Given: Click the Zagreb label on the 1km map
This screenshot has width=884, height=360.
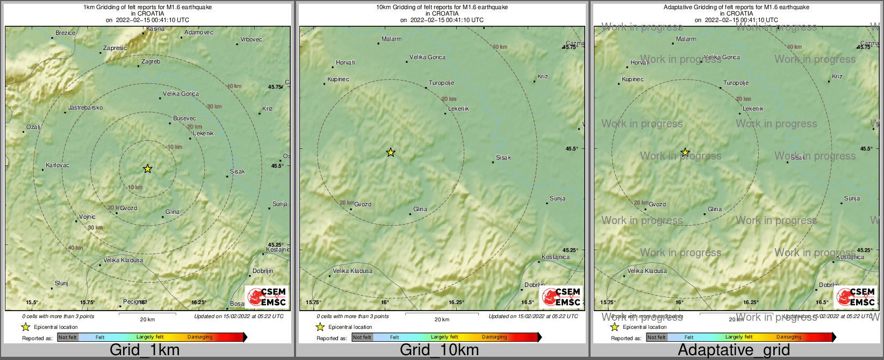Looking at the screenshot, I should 150,62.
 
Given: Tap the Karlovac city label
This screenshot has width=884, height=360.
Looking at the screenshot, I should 58,165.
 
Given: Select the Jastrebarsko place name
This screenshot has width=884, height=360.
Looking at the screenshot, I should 85,108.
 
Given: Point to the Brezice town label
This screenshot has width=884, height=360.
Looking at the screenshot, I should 66,33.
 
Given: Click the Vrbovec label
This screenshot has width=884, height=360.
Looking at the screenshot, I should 251,40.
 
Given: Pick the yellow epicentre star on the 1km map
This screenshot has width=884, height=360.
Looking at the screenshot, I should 148,169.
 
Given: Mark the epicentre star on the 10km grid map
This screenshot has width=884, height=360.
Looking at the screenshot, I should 391,153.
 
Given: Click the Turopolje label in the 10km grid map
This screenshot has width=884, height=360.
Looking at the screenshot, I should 442,83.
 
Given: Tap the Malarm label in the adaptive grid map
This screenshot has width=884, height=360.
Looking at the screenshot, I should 686,39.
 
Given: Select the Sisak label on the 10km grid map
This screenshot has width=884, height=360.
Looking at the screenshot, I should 504,158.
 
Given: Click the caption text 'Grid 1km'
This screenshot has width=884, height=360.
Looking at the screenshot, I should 145,350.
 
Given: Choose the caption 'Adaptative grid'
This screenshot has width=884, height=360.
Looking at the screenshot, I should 734,350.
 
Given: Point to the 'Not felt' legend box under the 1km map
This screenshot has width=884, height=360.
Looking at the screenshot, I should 68,337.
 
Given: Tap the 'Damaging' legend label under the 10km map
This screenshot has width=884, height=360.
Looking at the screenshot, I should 494,337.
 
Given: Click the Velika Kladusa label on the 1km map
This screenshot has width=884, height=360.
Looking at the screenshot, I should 123,261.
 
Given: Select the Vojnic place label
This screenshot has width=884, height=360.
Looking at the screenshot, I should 87,217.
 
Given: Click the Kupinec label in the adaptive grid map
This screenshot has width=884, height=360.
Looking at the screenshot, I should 633,80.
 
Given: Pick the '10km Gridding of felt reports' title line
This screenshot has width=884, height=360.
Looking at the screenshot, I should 442,8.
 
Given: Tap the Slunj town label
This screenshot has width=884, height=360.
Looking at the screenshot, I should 61,284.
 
